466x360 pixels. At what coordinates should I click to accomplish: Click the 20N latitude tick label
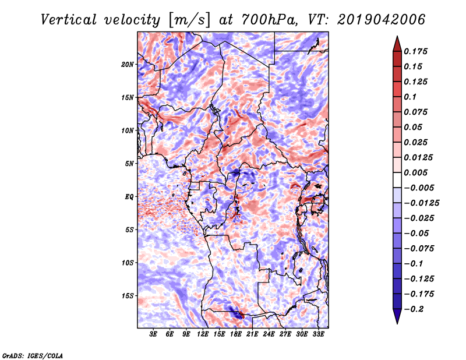point(128,65)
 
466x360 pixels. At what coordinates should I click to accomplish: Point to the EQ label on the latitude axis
point(129,197)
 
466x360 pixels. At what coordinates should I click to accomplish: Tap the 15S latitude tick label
point(128,296)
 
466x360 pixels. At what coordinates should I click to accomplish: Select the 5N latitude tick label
point(129,164)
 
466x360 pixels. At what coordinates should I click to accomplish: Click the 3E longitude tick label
point(153,334)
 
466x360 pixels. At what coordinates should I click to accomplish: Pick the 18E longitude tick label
point(235,334)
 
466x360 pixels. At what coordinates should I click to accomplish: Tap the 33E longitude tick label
point(318,334)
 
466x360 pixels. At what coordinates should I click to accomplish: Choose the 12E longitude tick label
point(203,334)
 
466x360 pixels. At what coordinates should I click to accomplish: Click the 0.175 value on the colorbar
point(417,51)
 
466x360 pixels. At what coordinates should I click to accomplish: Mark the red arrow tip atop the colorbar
point(397,40)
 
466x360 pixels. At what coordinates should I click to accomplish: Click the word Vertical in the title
point(70,19)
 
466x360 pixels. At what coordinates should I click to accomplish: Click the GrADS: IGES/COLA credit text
point(33,354)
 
